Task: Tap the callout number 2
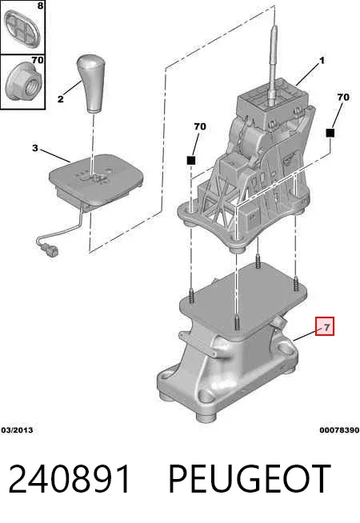pos(60,99)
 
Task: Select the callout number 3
pos(35,148)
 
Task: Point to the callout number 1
pos(322,61)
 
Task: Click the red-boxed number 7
pos(325,326)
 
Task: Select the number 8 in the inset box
pos(40,6)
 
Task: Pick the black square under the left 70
pos(191,161)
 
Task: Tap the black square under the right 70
pos(330,133)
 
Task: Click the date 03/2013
pos(18,430)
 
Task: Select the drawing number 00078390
pos(339,430)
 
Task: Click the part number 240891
pos(70,479)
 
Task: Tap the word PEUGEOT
pos(249,479)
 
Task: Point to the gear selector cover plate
pos(97,180)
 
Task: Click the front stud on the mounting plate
pos(237,321)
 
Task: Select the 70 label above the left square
pos(200,126)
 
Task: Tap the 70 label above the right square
pos(343,98)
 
